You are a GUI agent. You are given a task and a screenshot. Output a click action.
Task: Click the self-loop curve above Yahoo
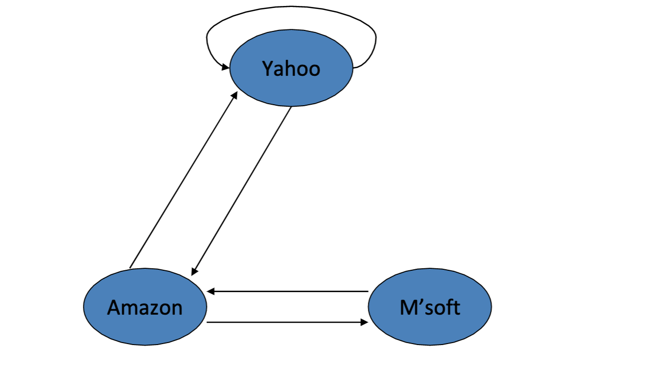tap(291, 7)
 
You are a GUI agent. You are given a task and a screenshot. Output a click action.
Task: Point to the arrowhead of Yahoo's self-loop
tap(226, 67)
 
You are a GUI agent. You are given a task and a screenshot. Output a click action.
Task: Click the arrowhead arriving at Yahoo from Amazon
tap(235, 94)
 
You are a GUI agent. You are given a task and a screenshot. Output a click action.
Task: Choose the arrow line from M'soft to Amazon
tap(289, 291)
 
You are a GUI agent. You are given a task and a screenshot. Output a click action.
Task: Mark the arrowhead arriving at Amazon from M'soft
tap(210, 291)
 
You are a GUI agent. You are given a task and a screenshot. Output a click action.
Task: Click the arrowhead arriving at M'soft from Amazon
tap(365, 323)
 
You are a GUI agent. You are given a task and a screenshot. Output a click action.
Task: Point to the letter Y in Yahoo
tap(268, 69)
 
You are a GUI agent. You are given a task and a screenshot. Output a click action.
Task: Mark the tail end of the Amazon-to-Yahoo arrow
tap(130, 268)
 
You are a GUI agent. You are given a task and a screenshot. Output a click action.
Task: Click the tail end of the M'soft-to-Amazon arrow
tap(368, 291)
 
